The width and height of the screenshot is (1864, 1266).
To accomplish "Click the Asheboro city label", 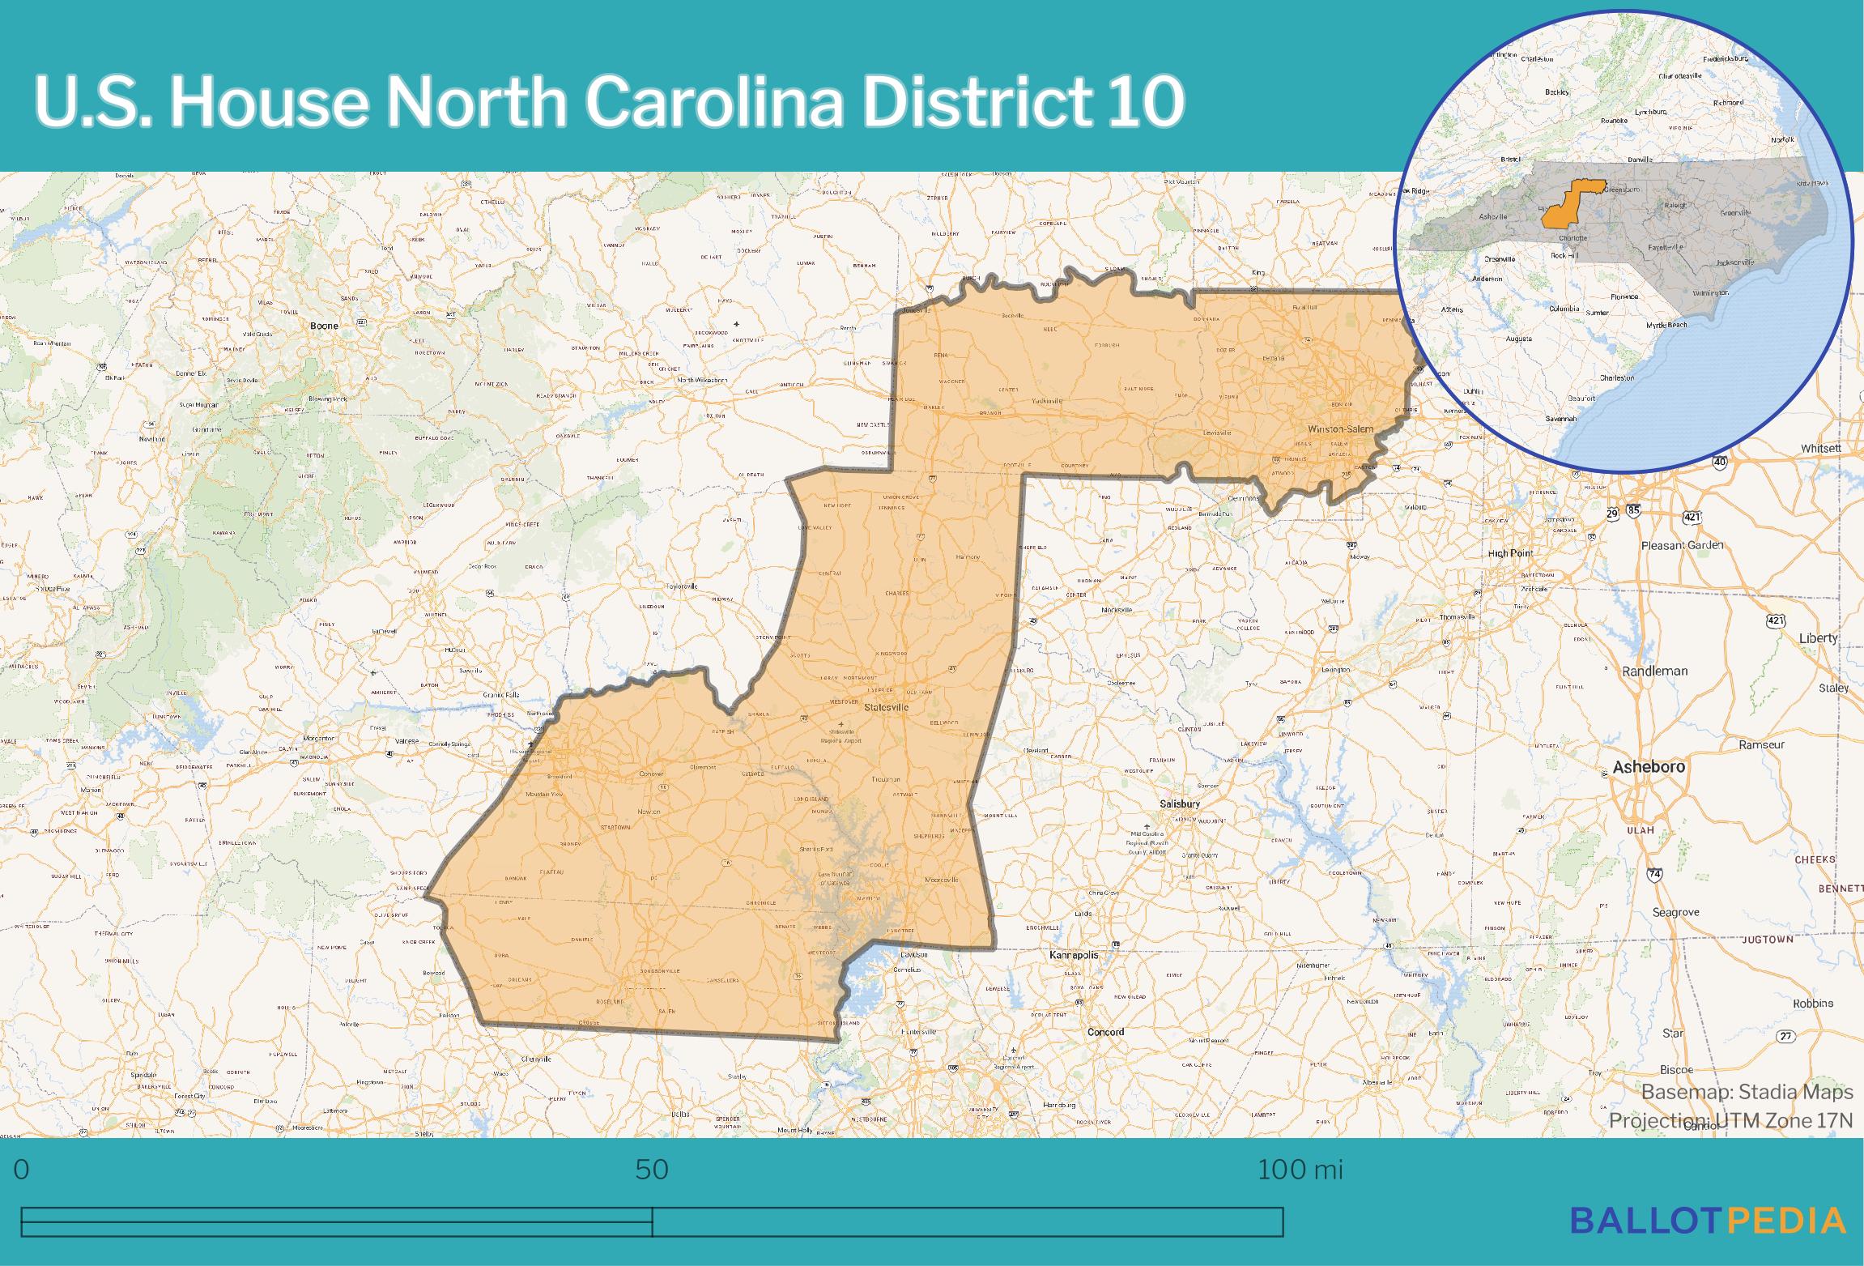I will click(1649, 766).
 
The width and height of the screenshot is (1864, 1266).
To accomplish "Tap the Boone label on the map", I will click(324, 326).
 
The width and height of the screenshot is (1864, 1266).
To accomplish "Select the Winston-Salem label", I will click(1341, 428).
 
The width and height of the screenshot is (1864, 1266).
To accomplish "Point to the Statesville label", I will click(887, 707).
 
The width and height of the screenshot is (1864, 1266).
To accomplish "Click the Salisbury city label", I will click(1179, 804).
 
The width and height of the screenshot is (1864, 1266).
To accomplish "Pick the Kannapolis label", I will click(1074, 955).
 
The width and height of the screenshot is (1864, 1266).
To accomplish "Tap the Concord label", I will click(1105, 1032).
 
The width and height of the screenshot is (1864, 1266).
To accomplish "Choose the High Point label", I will click(1511, 553).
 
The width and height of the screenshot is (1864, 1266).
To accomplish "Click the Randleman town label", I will click(1654, 671).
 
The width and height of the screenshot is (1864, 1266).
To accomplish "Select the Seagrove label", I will click(1675, 912).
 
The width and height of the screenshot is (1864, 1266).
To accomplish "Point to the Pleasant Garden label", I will click(1682, 545).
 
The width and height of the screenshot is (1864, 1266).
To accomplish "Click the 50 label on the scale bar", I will click(651, 1169).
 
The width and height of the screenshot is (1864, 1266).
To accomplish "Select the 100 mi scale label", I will click(1300, 1169).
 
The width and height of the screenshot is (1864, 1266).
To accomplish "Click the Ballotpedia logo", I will click(1708, 1221).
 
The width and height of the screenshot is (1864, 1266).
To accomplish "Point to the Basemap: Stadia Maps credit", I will click(1747, 1092).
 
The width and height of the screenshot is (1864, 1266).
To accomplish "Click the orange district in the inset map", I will click(1564, 208).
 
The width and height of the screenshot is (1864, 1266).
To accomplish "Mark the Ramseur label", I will click(1761, 744).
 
